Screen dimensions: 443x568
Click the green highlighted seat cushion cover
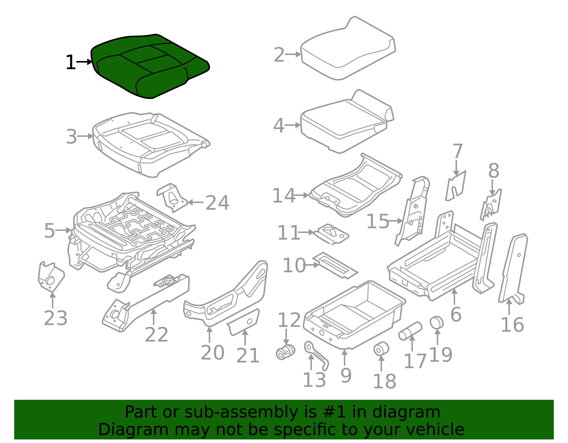click(x=149, y=66)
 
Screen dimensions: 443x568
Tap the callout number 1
click(x=71, y=63)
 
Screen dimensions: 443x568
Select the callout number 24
click(x=217, y=203)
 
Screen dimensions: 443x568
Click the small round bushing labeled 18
click(x=381, y=349)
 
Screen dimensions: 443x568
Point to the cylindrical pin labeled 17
click(x=410, y=331)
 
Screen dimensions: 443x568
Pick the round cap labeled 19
click(x=437, y=322)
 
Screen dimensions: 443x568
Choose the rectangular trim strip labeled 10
click(x=335, y=265)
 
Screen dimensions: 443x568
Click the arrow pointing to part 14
click(x=302, y=195)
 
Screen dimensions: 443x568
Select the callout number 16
click(x=512, y=325)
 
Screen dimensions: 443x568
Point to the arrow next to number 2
click(x=293, y=55)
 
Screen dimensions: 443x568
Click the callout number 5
click(x=50, y=231)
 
